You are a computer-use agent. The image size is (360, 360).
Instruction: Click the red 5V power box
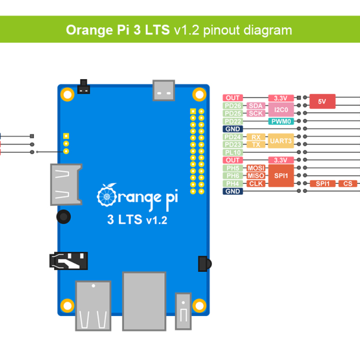(x=322, y=102)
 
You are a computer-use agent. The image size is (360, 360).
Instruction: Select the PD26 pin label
(x=233, y=105)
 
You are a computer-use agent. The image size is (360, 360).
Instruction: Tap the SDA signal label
(x=255, y=105)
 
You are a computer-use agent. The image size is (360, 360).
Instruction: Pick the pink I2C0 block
(x=280, y=109)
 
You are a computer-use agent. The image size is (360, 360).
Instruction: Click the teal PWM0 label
(x=280, y=121)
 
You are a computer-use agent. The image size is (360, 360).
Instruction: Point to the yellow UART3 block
(x=280, y=140)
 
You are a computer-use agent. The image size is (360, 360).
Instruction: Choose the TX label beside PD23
(x=255, y=145)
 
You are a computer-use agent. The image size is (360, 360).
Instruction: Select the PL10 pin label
(x=233, y=152)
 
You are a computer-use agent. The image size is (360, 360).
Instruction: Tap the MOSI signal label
(x=255, y=168)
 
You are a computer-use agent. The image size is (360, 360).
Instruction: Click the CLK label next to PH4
(x=255, y=183)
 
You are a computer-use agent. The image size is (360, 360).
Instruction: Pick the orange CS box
(x=348, y=183)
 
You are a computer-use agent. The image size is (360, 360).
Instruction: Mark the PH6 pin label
(x=233, y=176)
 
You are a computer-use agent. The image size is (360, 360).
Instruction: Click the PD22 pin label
(x=233, y=121)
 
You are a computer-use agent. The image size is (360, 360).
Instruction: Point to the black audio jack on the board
(x=68, y=260)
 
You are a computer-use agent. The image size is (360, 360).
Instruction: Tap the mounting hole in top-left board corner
(x=67, y=93)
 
